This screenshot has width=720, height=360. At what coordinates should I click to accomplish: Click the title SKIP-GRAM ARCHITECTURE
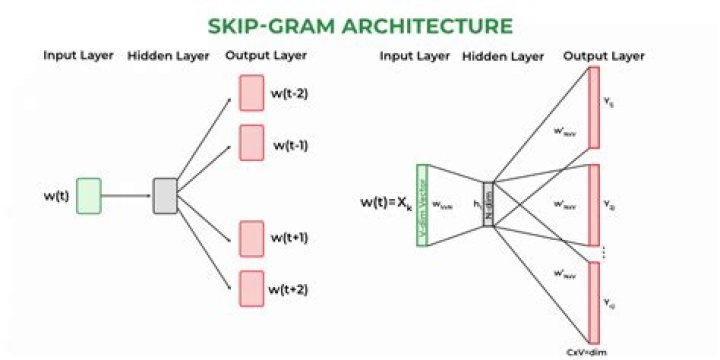[360, 24]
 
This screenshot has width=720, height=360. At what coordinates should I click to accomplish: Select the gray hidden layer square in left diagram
[165, 195]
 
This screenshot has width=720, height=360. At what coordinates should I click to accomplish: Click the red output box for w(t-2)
[250, 91]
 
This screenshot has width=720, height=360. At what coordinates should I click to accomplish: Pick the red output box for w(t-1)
[250, 140]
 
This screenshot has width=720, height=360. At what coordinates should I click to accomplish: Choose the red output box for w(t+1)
[250, 237]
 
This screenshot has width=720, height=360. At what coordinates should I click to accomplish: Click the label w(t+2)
[291, 289]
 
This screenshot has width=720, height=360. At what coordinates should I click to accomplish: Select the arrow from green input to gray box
[127, 195]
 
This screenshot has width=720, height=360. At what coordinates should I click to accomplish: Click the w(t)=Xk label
[384, 203]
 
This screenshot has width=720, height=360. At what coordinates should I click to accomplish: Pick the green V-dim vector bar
[422, 204]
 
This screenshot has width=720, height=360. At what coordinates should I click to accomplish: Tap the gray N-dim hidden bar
[488, 204]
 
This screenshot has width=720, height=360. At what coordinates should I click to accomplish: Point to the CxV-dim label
[589, 351]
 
